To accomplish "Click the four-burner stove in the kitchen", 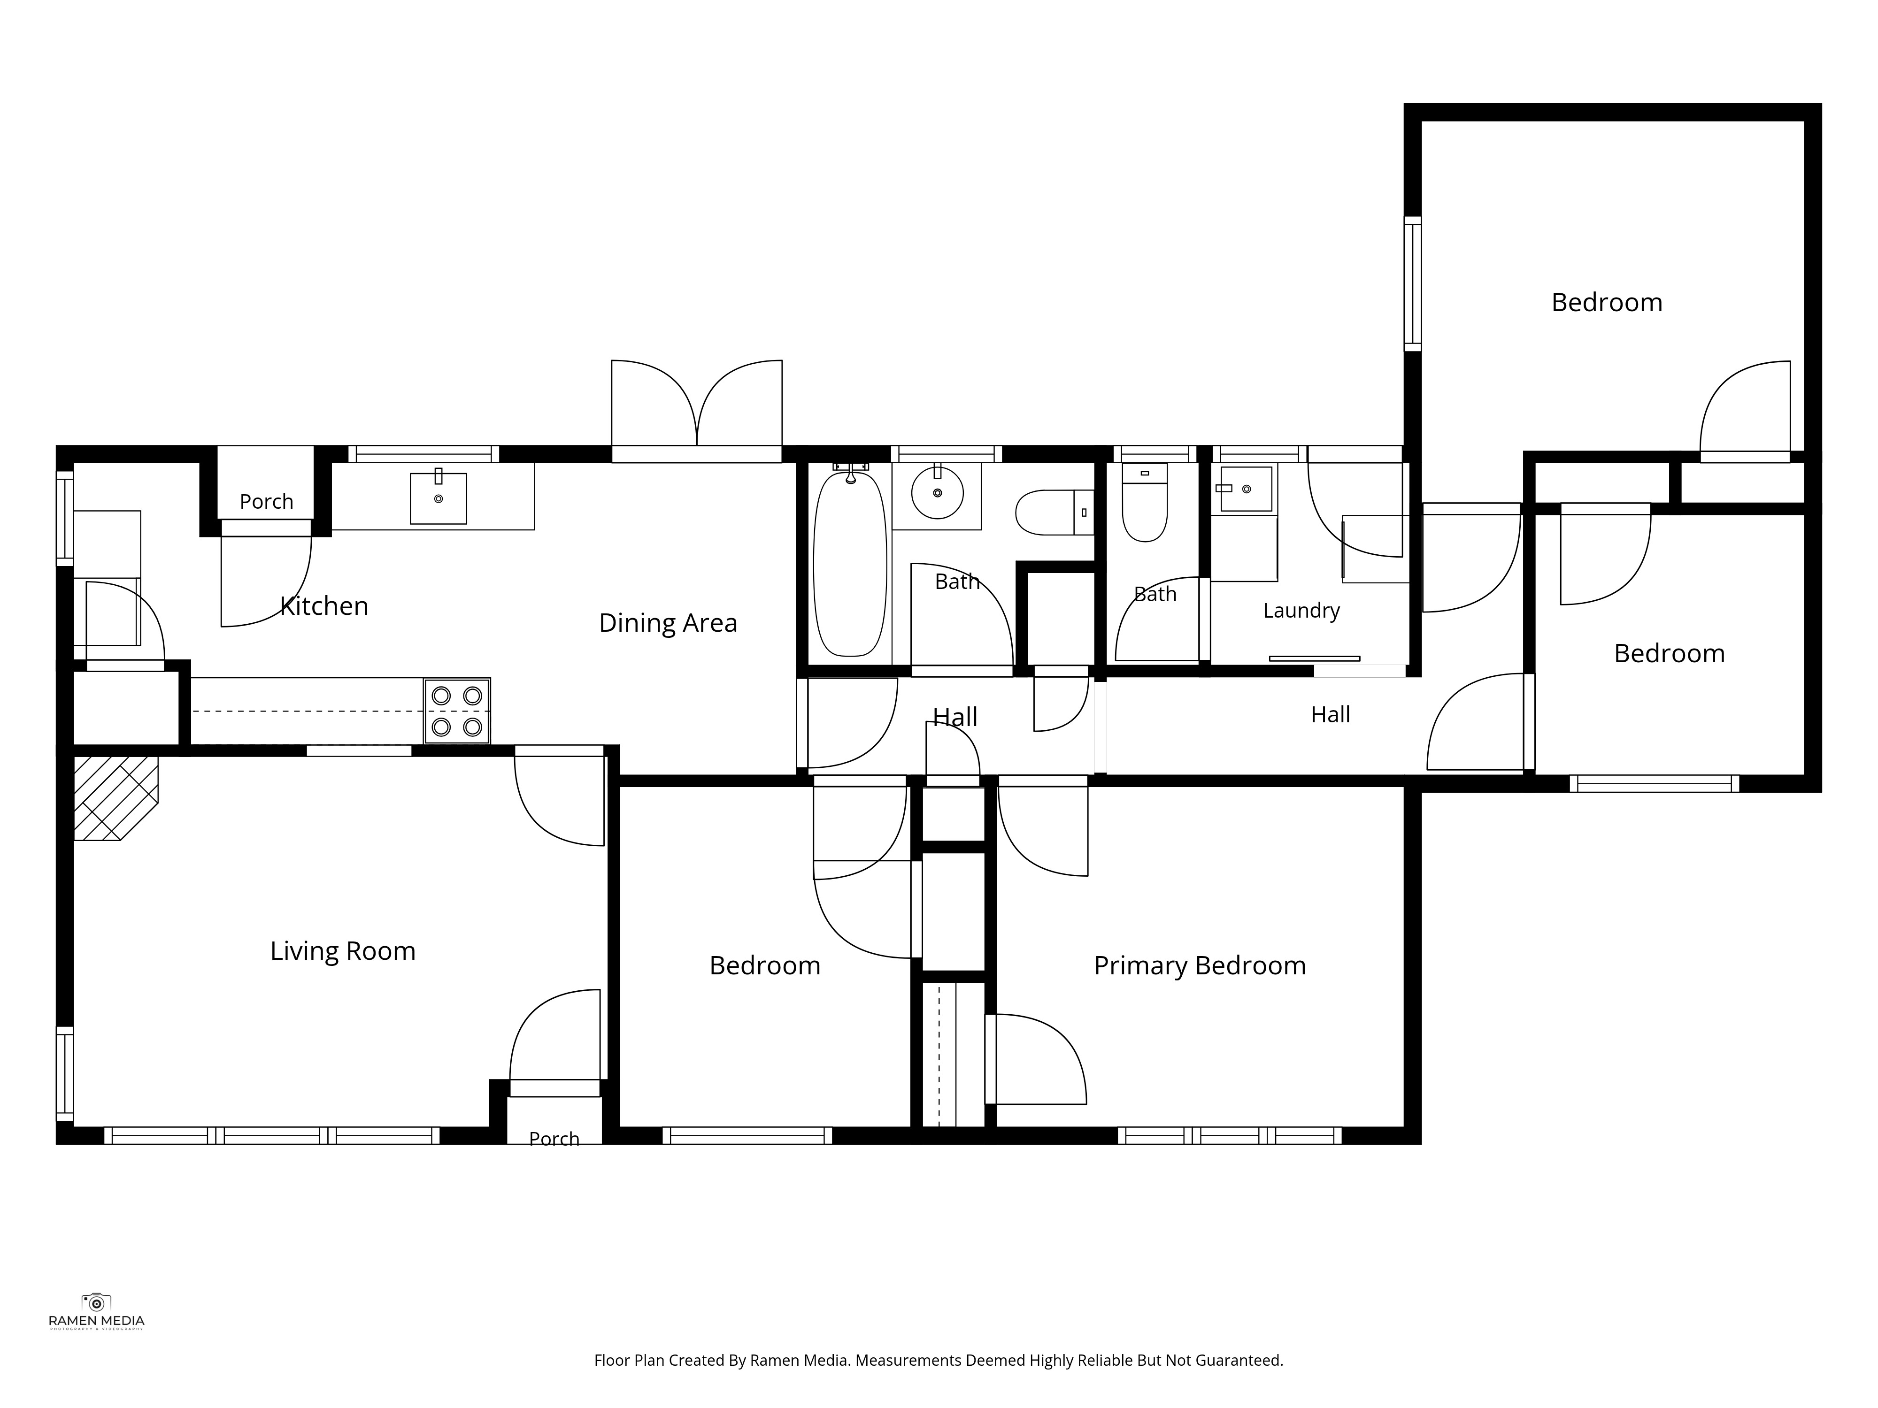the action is [457, 711].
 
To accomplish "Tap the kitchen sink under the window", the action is [438, 498].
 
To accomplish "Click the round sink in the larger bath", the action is [937, 492].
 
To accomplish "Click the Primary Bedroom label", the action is [1200, 966].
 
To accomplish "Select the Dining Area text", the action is [668, 623].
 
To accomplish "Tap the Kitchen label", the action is [324, 606].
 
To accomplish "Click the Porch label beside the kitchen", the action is [267, 502].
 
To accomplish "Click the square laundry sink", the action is [1247, 489].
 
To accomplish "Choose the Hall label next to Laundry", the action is [1331, 715].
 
